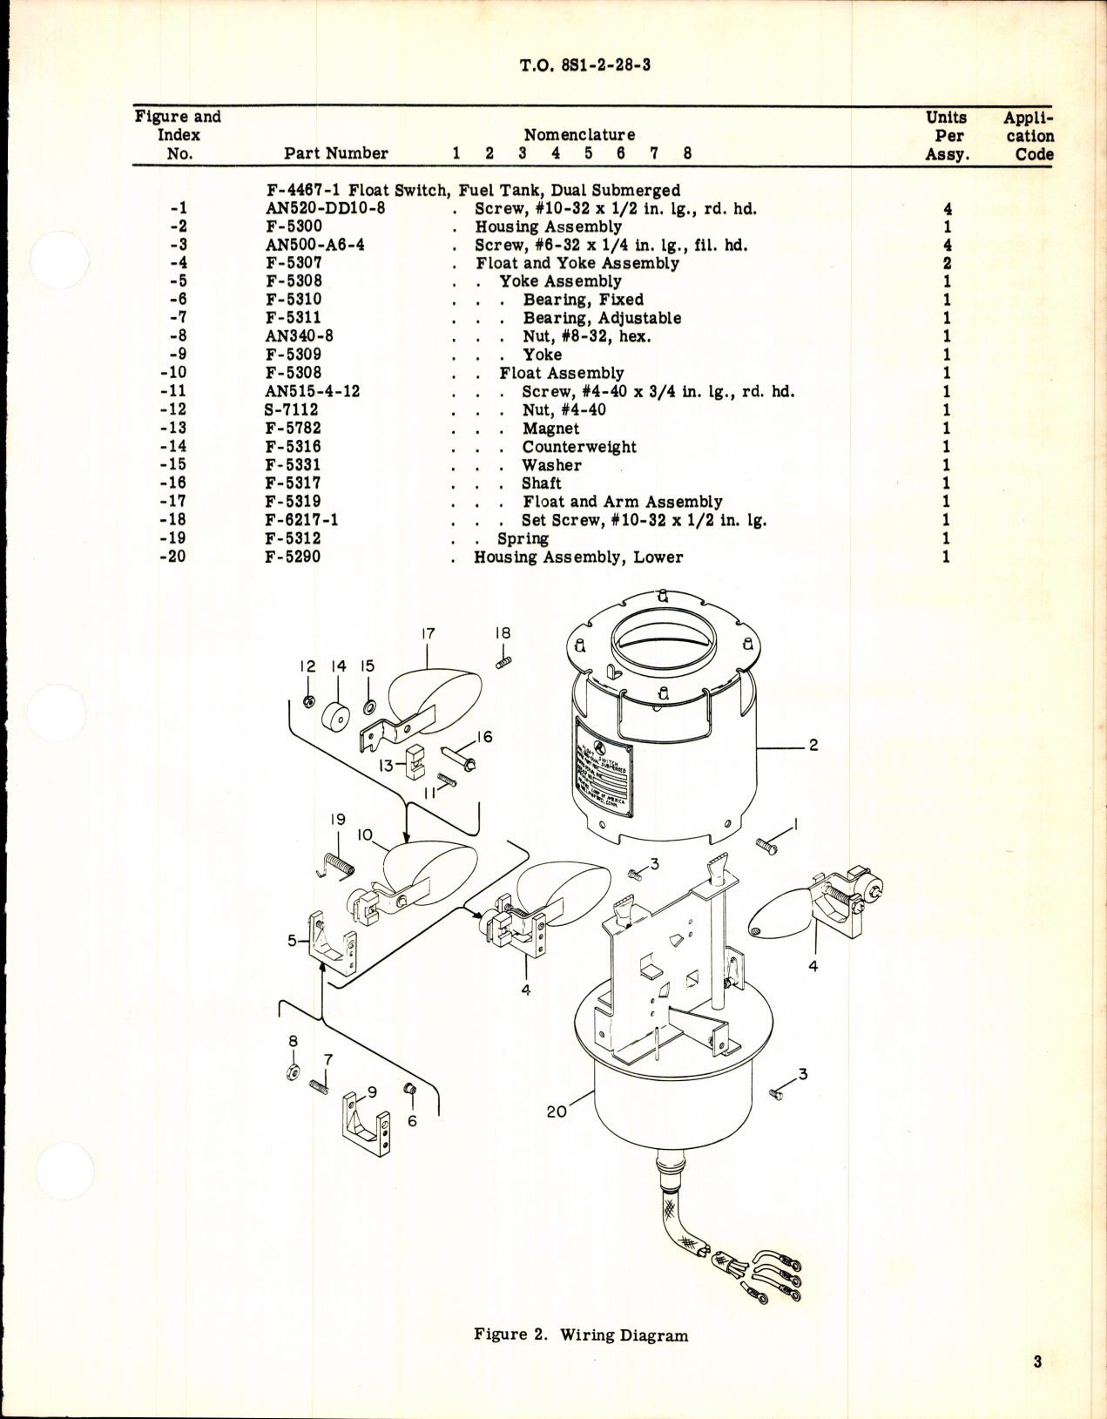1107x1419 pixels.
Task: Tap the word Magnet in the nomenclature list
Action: point(550,429)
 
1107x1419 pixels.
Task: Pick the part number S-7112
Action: point(292,409)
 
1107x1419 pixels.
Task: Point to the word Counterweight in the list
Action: point(579,447)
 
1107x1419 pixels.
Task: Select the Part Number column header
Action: point(336,153)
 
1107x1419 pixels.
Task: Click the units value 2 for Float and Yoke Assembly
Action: point(947,263)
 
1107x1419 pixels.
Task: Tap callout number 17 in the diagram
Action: point(428,634)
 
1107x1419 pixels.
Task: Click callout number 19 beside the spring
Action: point(338,820)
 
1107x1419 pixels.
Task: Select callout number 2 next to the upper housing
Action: point(813,746)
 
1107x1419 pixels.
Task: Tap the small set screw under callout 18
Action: point(503,663)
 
